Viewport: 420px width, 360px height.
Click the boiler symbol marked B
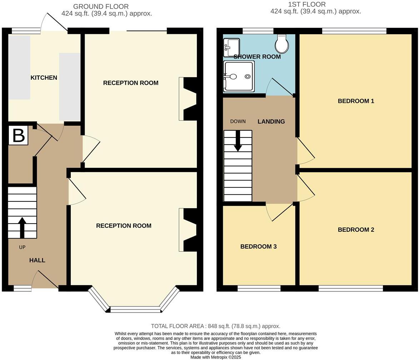(18, 135)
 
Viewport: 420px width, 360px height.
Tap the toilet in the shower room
(282, 44)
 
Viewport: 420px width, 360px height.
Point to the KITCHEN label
(44, 77)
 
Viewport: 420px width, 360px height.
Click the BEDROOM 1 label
(356, 101)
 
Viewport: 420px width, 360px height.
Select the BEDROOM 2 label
(356, 230)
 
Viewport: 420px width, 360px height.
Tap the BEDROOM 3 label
(258, 246)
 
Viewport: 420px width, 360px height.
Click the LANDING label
(271, 121)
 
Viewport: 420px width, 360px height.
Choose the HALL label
(37, 260)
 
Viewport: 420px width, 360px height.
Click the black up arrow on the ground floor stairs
(22, 227)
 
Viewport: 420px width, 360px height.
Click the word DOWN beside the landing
(238, 121)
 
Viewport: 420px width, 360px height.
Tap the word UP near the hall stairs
(22, 247)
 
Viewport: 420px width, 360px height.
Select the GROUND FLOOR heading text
(101, 6)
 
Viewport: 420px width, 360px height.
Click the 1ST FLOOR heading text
(307, 4)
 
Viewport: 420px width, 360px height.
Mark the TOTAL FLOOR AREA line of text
(215, 326)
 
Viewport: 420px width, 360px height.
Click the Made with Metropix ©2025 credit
(215, 357)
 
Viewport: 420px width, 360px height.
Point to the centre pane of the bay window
(135, 309)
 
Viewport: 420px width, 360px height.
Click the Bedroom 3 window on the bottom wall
(259, 288)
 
